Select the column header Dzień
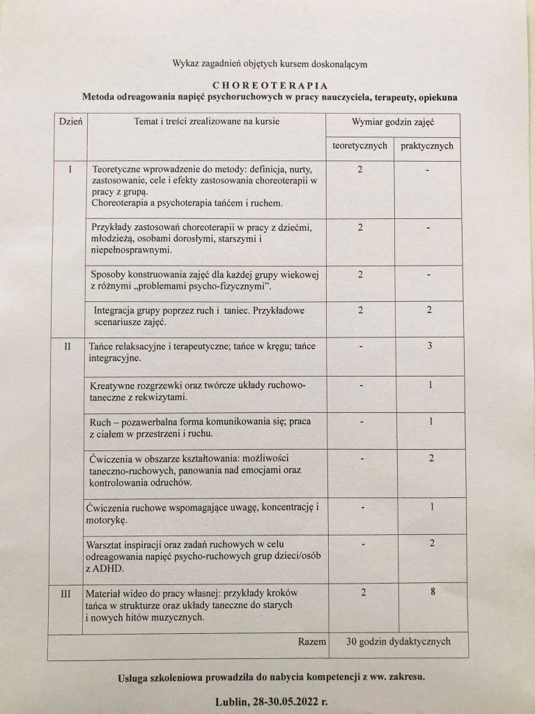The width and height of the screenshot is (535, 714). tap(68, 121)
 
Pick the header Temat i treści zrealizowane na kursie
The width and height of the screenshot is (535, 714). tap(207, 122)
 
